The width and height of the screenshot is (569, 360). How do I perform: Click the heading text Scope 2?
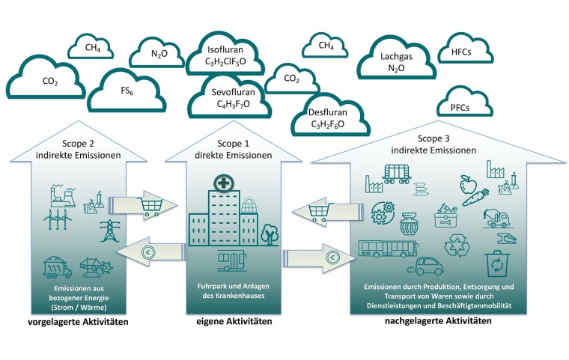(x=73, y=142)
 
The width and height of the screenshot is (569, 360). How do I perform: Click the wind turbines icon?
(x=58, y=219)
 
